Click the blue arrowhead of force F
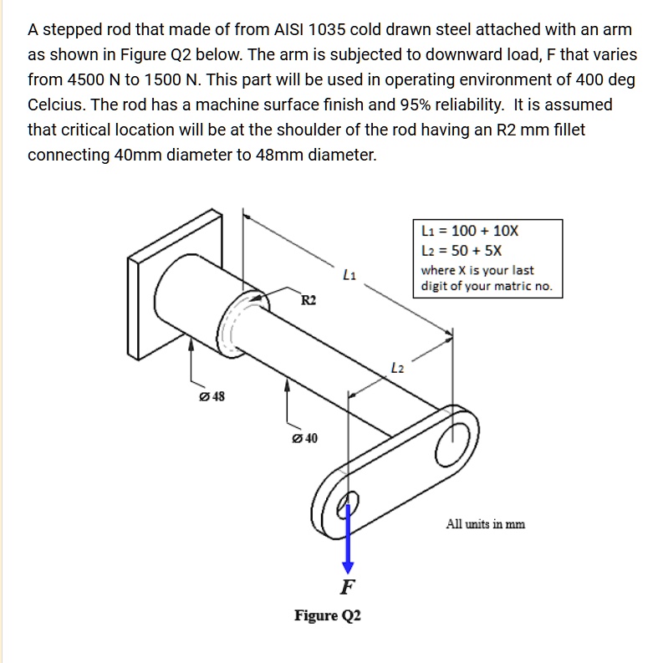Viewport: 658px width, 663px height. point(349,565)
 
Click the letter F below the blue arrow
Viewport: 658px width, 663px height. point(349,586)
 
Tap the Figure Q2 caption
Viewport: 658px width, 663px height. point(328,616)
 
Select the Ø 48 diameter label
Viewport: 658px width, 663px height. point(212,396)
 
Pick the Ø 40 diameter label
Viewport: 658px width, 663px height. point(304,438)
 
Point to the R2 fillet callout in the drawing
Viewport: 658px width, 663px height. point(309,300)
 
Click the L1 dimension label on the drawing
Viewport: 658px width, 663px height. point(349,273)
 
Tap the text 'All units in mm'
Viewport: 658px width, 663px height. point(486,524)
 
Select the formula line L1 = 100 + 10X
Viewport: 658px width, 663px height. point(470,232)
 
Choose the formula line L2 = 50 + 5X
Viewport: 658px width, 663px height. point(462,251)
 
